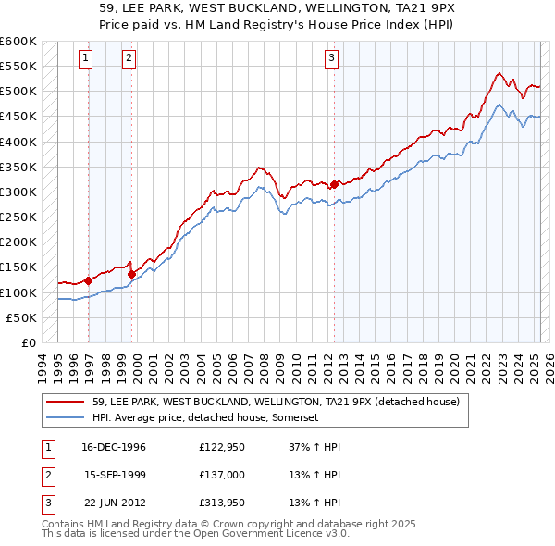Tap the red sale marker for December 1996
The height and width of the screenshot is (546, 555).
click(x=89, y=280)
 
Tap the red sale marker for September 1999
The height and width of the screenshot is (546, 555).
click(x=131, y=274)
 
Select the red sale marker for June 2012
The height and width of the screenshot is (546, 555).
click(x=334, y=184)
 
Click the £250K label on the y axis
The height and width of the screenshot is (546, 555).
click(x=18, y=217)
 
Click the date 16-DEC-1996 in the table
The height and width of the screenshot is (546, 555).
click(x=115, y=448)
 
